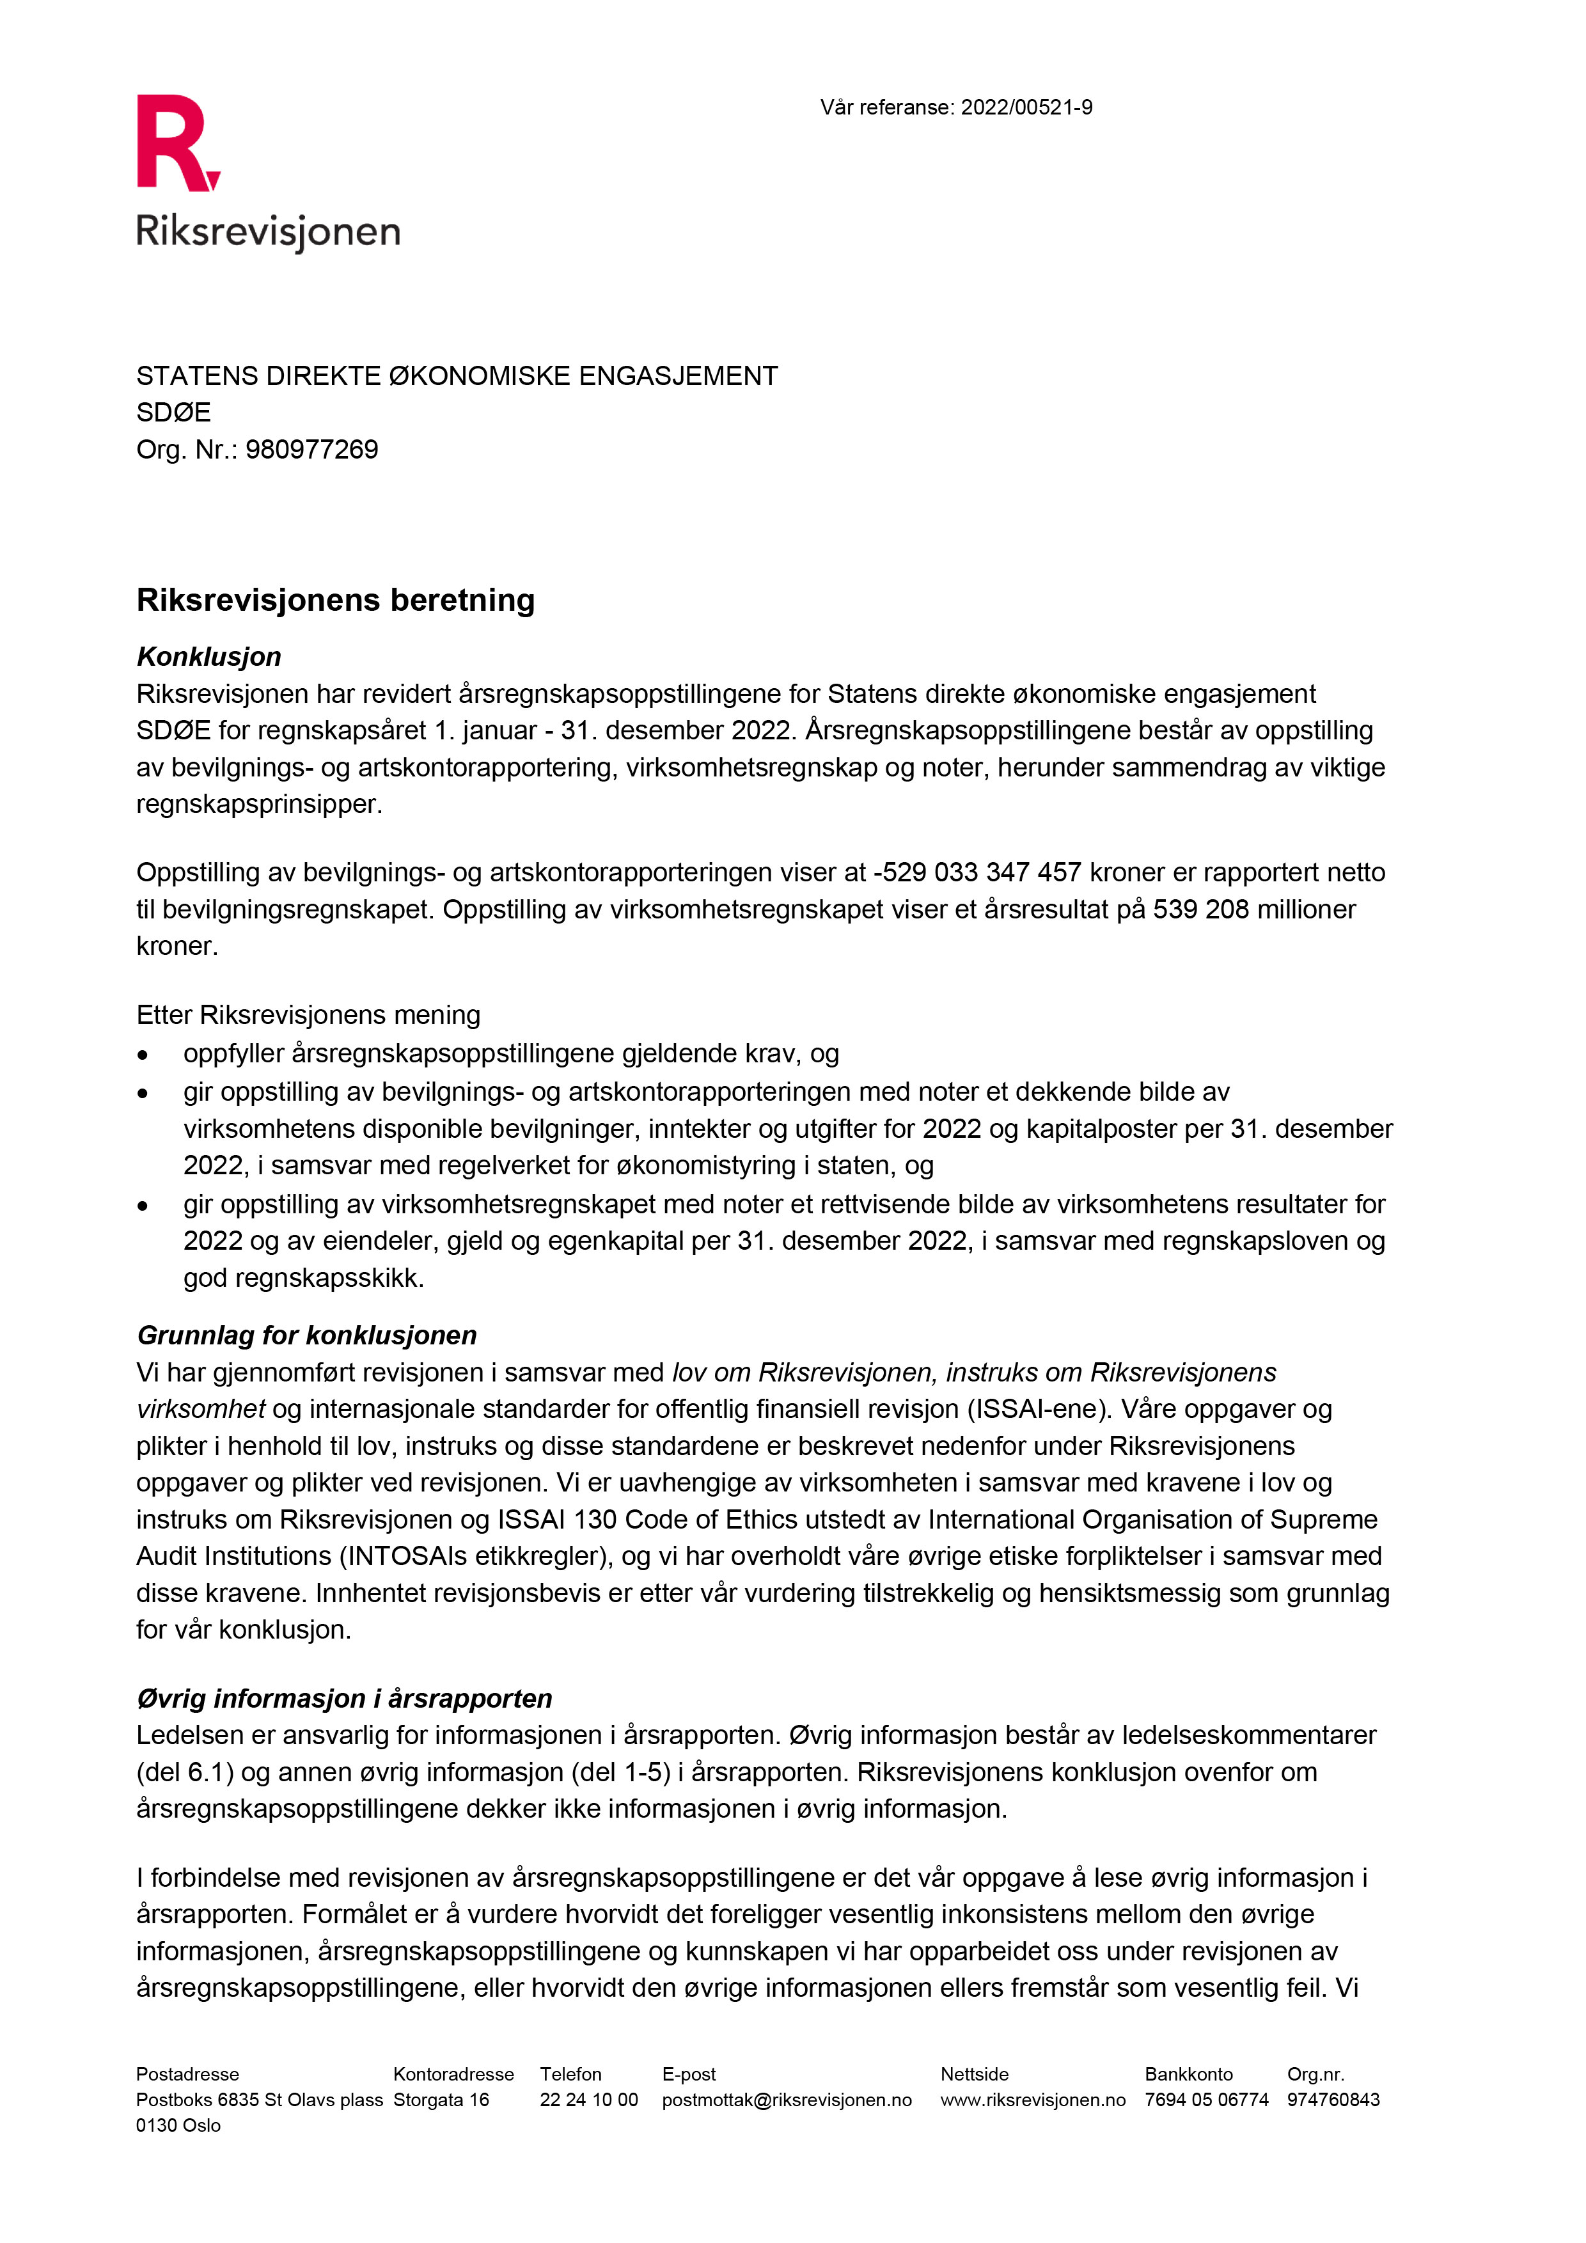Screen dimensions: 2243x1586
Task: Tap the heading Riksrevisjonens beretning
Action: click(335, 600)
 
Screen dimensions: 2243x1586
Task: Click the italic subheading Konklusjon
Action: click(209, 656)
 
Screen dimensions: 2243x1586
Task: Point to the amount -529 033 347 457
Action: click(977, 872)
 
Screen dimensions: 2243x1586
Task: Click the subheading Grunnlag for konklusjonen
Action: click(307, 1335)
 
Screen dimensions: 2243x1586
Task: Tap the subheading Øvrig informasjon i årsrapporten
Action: click(344, 1699)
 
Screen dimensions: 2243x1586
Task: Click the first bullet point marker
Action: click(143, 1055)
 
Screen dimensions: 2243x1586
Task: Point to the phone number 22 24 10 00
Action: click(589, 2099)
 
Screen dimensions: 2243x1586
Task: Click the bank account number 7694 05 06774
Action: click(1206, 2099)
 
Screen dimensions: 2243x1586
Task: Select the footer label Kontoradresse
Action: click(453, 2074)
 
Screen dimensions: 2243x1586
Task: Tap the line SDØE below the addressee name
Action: click(174, 413)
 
